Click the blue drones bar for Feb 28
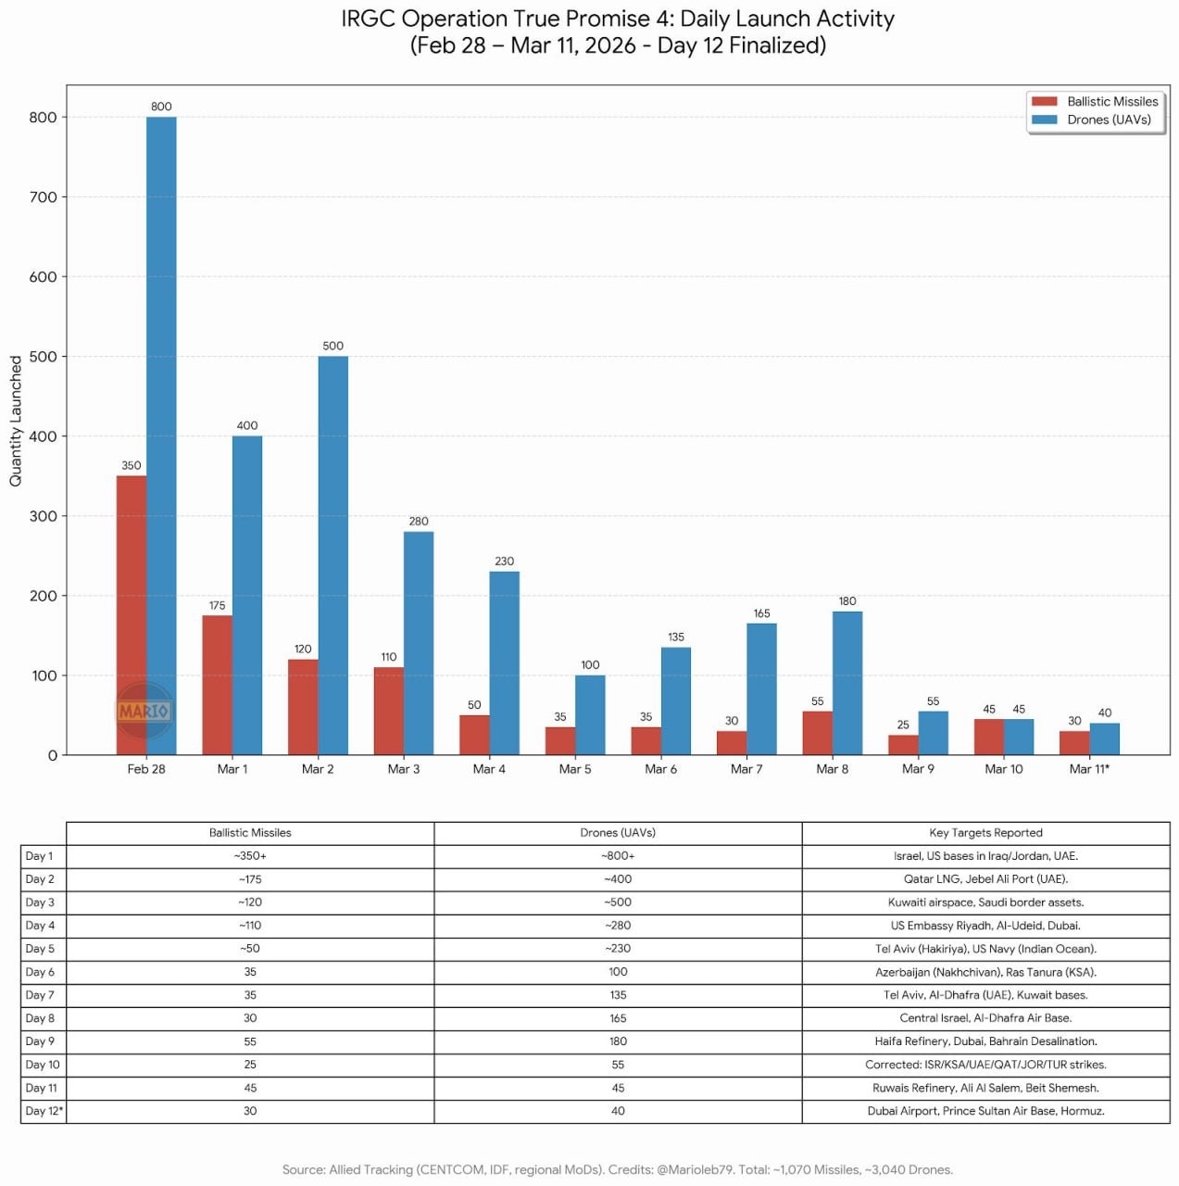click(161, 435)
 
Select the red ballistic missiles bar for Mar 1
click(217, 685)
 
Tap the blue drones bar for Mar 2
click(333, 555)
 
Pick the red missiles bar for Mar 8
click(817, 733)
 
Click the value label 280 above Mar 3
click(419, 522)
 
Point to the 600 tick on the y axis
click(43, 277)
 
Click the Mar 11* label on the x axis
click(1089, 769)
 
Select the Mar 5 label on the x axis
click(575, 769)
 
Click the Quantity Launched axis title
click(16, 421)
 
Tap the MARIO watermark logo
click(144, 711)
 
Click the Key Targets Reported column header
click(985, 833)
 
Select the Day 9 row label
click(40, 1041)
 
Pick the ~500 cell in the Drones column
click(618, 902)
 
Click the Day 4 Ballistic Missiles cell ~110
click(250, 926)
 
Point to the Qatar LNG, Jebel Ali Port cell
click(985, 879)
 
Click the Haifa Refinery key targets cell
click(985, 1041)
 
